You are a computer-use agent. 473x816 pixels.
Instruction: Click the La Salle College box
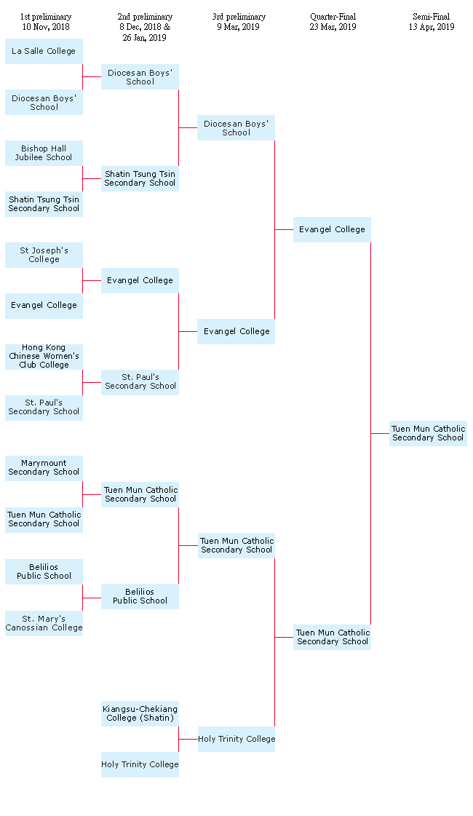44,51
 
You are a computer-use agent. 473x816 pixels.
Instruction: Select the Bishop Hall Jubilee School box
44,153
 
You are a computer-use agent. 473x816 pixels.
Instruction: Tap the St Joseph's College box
44,255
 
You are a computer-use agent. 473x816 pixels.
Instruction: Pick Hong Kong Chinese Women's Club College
44,357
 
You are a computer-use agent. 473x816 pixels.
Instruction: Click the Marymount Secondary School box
44,468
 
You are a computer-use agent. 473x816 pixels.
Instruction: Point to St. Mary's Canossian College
44,623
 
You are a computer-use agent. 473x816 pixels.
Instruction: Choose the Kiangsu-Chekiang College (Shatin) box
140,713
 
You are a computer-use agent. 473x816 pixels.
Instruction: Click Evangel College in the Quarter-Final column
332,229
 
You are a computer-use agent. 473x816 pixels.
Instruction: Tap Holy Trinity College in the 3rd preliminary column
236,739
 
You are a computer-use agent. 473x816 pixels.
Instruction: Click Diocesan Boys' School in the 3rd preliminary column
236,128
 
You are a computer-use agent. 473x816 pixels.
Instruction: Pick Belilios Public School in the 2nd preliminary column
140,596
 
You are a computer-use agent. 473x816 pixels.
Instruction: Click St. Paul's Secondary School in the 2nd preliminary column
140,382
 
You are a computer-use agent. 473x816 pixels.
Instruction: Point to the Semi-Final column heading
431,17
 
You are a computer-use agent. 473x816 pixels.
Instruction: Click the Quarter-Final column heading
333,17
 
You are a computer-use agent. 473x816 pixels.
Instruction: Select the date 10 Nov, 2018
46,27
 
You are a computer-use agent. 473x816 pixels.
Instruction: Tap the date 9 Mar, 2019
239,27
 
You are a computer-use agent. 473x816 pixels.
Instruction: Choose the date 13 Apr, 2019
432,27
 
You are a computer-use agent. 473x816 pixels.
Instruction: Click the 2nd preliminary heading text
145,17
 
